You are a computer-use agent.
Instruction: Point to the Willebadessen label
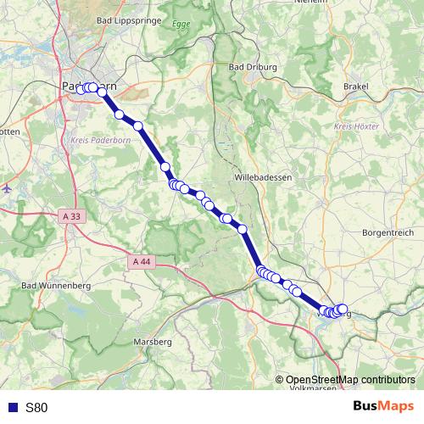pos(261,178)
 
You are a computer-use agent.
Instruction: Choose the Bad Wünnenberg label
pos(56,287)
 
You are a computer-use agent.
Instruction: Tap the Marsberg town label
pos(153,341)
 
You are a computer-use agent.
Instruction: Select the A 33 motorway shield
pos(72,217)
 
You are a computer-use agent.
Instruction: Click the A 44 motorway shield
pos(142,262)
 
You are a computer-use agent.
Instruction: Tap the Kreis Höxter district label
pos(354,126)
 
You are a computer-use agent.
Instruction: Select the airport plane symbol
pos(7,188)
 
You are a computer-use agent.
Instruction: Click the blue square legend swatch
pos(12,407)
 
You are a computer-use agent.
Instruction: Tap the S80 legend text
pos(37,407)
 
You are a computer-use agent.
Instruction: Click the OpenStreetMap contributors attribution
pos(350,379)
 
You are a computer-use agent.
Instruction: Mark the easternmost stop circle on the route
pos(343,310)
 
